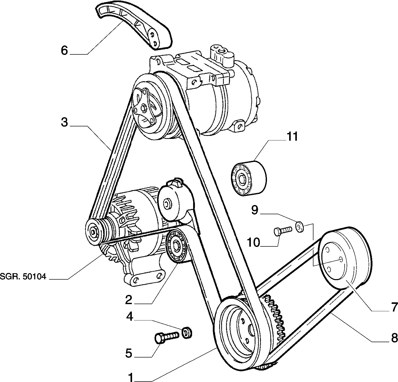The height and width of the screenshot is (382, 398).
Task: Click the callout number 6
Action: tap(64, 50)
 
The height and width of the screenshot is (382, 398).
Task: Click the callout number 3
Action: tap(64, 122)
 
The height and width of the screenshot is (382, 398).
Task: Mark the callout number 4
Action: tap(130, 317)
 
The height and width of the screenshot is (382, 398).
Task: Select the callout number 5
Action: tap(128, 353)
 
